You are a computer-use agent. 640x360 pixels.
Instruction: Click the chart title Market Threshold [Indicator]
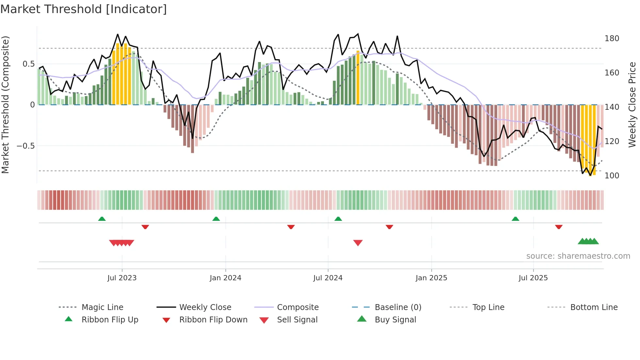click(x=84, y=9)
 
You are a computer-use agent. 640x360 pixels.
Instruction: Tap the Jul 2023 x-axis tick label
click(x=122, y=278)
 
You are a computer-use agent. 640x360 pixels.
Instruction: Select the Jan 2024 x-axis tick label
click(x=225, y=278)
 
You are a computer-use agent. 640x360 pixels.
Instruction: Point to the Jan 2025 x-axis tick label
click(x=431, y=278)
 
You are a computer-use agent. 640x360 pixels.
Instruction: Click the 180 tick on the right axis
click(x=612, y=39)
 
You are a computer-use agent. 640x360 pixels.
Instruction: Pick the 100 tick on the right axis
click(x=612, y=176)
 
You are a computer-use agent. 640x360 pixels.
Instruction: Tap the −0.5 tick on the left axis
click(x=26, y=146)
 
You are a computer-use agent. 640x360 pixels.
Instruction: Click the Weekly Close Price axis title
click(x=632, y=105)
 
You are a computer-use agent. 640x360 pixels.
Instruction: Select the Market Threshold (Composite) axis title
click(x=6, y=105)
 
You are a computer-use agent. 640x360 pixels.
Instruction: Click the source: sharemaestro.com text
click(x=578, y=256)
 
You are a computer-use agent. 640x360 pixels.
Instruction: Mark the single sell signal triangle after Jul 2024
click(x=358, y=243)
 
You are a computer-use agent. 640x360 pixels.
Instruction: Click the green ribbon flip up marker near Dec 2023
click(x=216, y=219)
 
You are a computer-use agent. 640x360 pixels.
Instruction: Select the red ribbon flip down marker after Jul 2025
click(x=559, y=227)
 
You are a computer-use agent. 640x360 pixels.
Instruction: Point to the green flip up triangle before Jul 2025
click(x=515, y=219)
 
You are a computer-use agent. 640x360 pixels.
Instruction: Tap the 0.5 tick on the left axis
click(x=28, y=64)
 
